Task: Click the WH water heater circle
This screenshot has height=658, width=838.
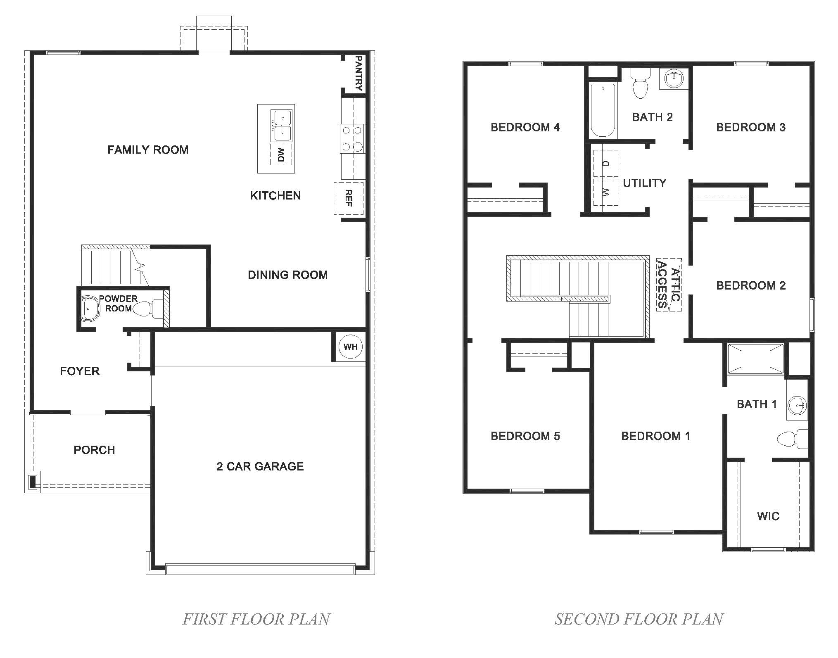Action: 350,346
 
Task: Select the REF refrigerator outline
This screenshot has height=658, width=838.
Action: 349,198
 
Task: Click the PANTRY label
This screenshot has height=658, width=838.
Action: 358,73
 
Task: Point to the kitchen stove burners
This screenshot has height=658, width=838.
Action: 352,139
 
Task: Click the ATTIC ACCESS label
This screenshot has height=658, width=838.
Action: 669,285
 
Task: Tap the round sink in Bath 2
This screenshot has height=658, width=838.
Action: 674,78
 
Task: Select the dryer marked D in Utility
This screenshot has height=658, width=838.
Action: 605,163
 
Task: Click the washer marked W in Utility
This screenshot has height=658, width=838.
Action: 605,192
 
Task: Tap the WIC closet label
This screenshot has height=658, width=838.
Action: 768,516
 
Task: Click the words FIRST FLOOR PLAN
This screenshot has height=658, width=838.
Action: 256,619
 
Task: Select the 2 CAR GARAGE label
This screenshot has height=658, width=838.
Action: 260,466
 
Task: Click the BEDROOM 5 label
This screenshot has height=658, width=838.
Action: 525,436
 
